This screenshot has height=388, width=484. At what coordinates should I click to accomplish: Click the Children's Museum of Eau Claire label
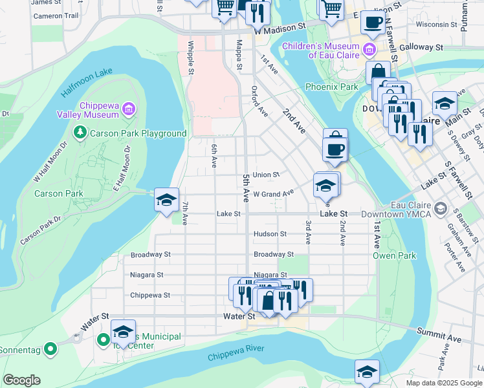pyautogui.click(x=320, y=50)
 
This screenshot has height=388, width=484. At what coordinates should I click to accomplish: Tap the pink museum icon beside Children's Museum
pyautogui.click(x=369, y=48)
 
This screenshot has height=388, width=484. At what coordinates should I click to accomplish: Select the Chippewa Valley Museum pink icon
pyautogui.click(x=128, y=110)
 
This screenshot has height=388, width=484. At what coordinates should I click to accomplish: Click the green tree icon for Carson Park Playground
pyautogui.click(x=80, y=133)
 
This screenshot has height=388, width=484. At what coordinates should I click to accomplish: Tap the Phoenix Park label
pyautogui.click(x=331, y=87)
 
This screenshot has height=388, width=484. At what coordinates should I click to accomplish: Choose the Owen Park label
pyautogui.click(x=394, y=255)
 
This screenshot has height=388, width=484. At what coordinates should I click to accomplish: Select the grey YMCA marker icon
pyautogui.click(x=441, y=208)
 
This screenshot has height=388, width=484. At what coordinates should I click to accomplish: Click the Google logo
pyautogui.click(x=21, y=380)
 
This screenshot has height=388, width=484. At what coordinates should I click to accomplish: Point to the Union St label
pyautogui.click(x=266, y=175)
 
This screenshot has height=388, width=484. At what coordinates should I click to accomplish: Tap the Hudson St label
pyautogui.click(x=270, y=233)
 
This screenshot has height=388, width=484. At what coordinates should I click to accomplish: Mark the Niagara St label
pyautogui.click(x=270, y=275)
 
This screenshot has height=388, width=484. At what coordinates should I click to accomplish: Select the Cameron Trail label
pyautogui.click(x=56, y=16)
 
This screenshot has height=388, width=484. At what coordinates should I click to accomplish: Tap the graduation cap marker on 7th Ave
pyautogui.click(x=166, y=200)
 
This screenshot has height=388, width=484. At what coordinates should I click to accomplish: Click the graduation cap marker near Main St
pyautogui.click(x=445, y=103)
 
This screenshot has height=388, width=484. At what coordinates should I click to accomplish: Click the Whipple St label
pyautogui.click(x=191, y=58)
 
